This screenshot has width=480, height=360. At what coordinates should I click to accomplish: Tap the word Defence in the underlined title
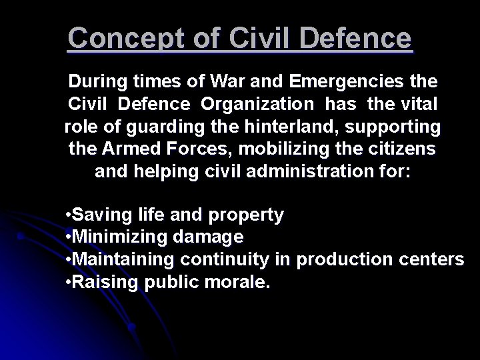click(357, 39)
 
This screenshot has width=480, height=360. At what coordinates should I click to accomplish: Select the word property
click(247, 215)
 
